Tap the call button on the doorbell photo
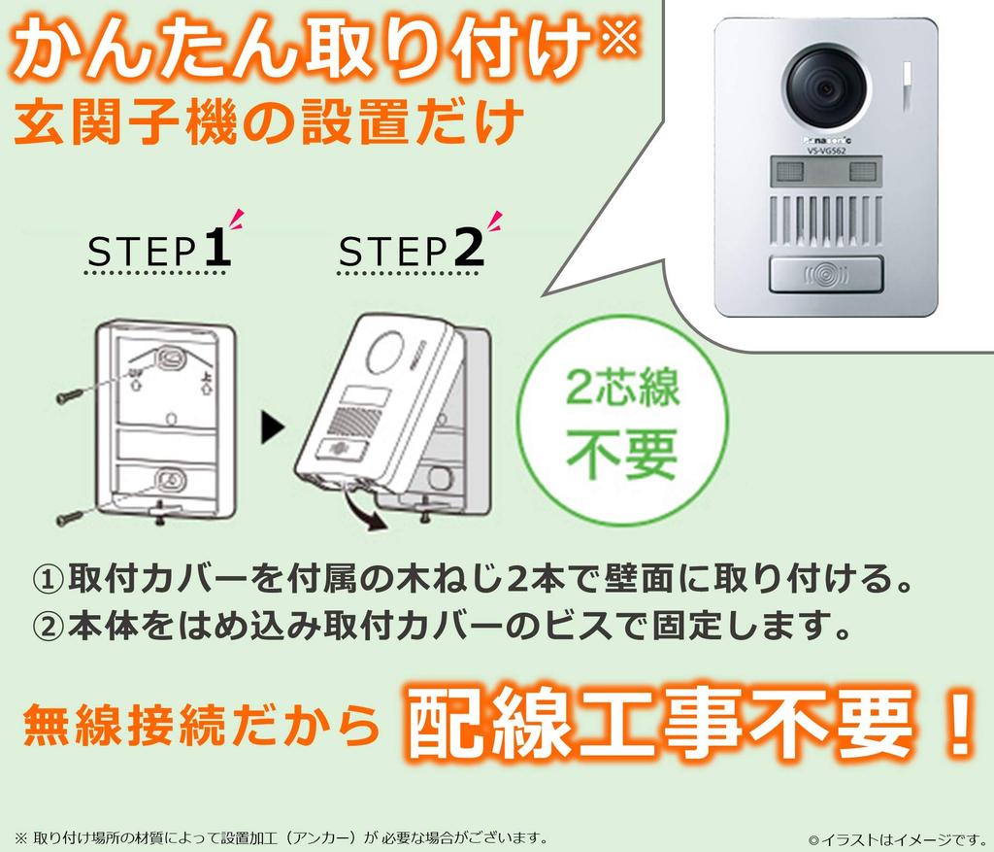coord(825,275)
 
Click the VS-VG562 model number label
coord(826,151)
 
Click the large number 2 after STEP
coord(468,249)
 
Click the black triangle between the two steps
coord(273,426)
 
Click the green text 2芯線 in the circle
coord(623,389)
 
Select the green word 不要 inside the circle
coord(622,453)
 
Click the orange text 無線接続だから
coord(200,727)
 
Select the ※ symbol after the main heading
coord(619,41)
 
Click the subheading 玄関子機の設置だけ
coord(269,124)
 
